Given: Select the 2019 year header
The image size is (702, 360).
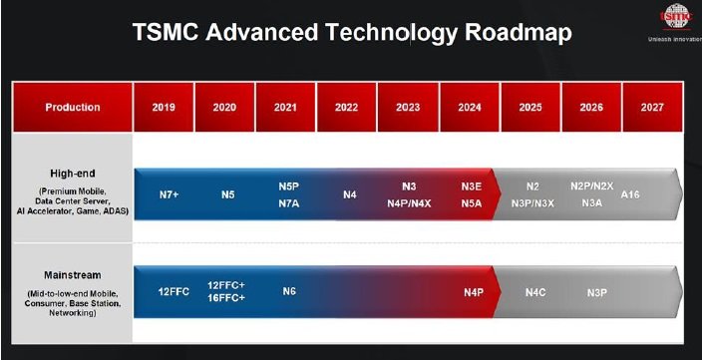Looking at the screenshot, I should coord(164,107).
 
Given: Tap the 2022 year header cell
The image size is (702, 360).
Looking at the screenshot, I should coord(347,107).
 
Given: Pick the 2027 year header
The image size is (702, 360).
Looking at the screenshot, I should coord(652,107).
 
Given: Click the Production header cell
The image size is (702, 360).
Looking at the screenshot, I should coord(73,107).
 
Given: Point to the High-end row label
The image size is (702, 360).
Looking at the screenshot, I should coord(73,173).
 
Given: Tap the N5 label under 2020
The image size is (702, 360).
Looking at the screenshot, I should coord(228,193).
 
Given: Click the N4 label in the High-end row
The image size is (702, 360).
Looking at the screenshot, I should coord(350,193).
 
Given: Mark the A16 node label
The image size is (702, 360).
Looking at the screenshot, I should coord(630,193).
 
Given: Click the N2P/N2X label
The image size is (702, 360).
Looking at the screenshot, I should coord(591,186).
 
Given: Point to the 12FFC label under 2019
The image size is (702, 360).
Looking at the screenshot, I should coord(174,292).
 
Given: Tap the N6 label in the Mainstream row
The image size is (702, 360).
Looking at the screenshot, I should coord(289,292).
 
